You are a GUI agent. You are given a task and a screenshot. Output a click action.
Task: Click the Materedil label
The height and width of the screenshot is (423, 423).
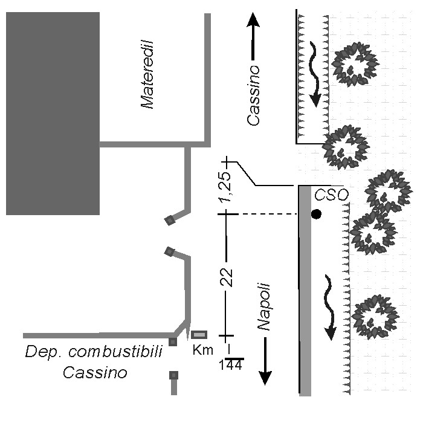click(x=148, y=74)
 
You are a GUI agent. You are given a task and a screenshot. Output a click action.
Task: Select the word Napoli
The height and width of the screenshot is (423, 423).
click(x=264, y=307)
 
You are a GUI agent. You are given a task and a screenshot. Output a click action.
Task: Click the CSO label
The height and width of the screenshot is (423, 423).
click(x=332, y=195)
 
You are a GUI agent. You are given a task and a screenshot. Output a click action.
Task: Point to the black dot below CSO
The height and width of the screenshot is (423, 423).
click(x=316, y=214)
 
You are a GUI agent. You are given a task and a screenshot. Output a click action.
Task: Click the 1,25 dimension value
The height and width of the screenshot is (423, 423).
click(x=226, y=189)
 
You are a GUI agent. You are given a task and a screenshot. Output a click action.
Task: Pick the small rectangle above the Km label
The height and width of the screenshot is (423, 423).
click(x=199, y=335)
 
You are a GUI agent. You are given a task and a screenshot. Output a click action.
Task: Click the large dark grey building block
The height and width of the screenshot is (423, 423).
click(x=53, y=114)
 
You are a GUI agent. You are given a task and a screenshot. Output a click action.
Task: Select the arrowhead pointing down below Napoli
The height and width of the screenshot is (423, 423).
click(x=265, y=377)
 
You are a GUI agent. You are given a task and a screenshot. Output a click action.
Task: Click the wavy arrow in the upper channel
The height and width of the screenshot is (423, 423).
click(x=312, y=73)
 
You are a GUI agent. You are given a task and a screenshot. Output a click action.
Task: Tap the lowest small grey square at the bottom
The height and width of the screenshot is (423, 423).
click(x=174, y=376)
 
